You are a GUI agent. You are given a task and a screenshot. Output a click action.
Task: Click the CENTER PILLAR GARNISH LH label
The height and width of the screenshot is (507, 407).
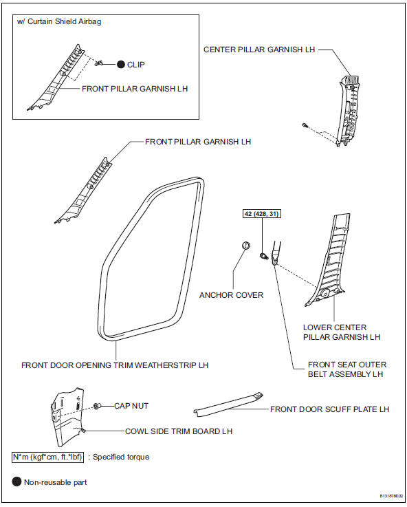[259, 50]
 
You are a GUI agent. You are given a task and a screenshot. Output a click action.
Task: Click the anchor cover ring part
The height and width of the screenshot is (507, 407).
[243, 246]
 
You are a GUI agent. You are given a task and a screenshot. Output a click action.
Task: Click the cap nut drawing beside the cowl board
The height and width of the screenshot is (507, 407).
[99, 406]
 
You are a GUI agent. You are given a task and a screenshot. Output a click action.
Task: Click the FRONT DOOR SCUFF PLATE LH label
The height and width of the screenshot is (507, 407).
[329, 409]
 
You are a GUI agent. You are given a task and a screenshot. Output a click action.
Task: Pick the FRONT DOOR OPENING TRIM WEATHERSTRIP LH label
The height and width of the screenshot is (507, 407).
[115, 365]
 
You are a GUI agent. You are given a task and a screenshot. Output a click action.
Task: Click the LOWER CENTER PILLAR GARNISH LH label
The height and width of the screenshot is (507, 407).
[341, 332]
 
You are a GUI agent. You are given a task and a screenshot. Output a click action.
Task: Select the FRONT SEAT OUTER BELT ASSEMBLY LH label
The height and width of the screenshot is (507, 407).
[348, 369]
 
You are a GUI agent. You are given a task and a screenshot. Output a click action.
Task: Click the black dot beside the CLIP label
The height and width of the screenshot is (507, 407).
[120, 64]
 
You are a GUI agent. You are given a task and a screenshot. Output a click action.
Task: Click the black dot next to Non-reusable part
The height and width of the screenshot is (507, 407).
[16, 482]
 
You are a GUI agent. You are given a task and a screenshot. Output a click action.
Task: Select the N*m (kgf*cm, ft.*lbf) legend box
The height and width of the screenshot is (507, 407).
[47, 456]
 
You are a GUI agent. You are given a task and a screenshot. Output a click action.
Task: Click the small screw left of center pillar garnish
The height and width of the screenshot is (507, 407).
[304, 125]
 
